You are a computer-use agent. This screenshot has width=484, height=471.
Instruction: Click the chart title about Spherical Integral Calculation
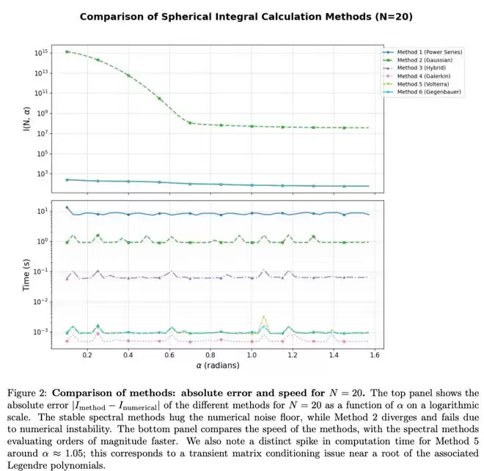(x=242, y=15)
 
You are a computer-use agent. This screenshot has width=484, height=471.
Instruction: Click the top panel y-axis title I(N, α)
(x=26, y=118)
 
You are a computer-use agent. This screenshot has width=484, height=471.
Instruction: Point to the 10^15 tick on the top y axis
(x=40, y=53)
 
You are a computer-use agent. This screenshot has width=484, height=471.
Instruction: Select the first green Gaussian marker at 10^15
(x=67, y=52)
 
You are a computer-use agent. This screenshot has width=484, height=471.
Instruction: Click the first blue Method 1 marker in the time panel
(x=67, y=208)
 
